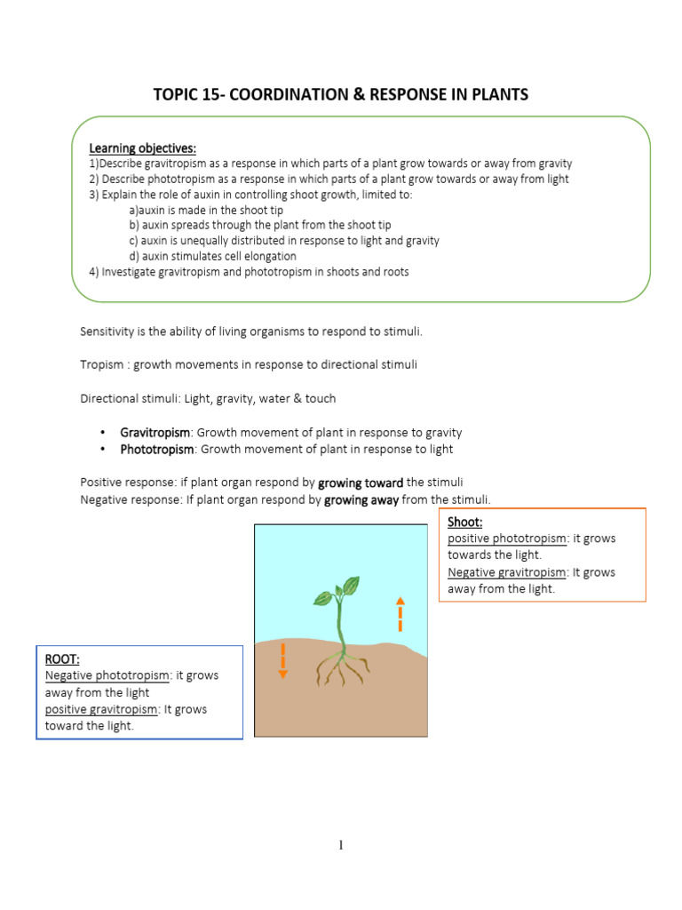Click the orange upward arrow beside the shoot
click(400, 612)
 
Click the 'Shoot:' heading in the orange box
click(465, 523)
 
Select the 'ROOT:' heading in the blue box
click(62, 659)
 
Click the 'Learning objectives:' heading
click(142, 148)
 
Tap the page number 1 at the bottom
click(340, 845)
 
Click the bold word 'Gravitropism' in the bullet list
click(155, 433)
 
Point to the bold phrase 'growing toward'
click(361, 483)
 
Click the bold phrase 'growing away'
click(361, 499)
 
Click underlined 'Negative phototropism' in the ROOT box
click(107, 675)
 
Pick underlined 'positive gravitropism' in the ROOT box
click(101, 709)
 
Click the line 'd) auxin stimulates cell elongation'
click(212, 256)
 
